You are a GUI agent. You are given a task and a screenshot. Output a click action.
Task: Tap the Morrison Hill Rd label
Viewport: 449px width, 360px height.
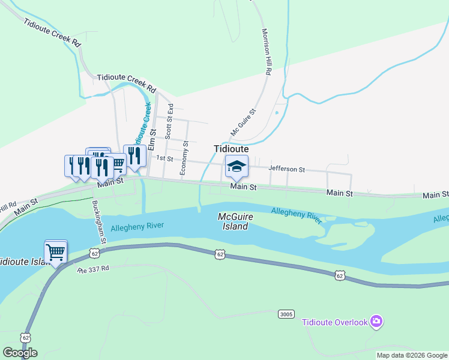[267, 52]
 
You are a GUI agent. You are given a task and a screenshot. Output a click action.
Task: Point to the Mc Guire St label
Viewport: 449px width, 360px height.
[244, 122]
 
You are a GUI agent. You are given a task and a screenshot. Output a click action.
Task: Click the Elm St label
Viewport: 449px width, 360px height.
[152, 139]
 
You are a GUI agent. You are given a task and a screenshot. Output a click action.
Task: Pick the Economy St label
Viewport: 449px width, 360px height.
[185, 158]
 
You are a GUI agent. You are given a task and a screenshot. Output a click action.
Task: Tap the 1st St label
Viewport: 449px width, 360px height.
[164, 158]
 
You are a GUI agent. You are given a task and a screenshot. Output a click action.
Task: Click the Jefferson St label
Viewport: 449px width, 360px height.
[287, 170]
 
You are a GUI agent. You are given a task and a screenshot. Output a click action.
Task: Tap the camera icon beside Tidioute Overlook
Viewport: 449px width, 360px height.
[376, 322]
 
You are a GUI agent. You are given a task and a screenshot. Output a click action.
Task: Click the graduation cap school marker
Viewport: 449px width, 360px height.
[237, 167]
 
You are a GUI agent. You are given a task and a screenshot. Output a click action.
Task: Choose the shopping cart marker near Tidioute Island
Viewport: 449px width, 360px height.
[55, 251]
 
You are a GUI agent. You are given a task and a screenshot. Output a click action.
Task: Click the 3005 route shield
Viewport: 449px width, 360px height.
[286, 314]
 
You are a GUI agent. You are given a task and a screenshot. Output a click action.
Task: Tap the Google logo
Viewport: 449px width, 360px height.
[20, 353]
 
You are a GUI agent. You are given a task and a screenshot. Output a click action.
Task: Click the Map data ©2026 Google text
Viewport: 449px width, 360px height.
[411, 355]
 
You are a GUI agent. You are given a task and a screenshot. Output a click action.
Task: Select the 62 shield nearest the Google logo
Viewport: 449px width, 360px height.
[26, 338]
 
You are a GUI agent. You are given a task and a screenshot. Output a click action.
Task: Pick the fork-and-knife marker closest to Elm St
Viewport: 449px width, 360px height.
[134, 156]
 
